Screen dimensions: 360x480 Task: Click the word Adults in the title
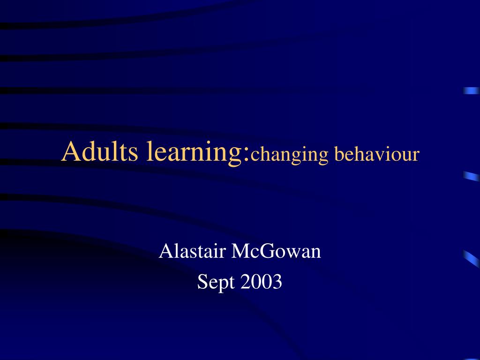pos(100,152)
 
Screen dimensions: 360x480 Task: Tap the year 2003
pos(262,282)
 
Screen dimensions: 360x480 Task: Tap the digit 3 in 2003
pos(277,282)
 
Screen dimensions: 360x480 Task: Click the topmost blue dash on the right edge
pos(471,91)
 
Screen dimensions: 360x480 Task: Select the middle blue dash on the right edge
pos(471,177)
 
